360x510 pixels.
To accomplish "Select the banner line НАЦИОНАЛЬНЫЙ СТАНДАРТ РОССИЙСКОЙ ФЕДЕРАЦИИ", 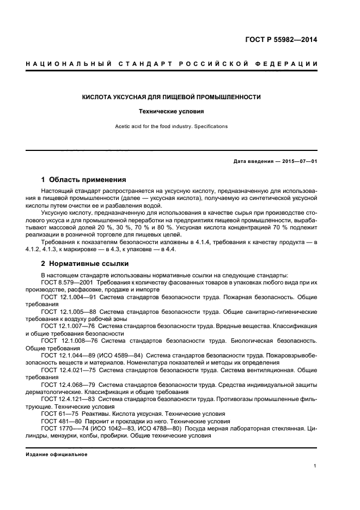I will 172,64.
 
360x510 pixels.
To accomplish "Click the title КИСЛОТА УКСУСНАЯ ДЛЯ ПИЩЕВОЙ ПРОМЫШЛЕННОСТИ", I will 171,97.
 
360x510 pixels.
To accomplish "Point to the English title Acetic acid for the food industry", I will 171,126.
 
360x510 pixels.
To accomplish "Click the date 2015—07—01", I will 298,162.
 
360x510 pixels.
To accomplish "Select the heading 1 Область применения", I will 84,179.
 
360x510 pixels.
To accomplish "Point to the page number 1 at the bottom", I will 315,466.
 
